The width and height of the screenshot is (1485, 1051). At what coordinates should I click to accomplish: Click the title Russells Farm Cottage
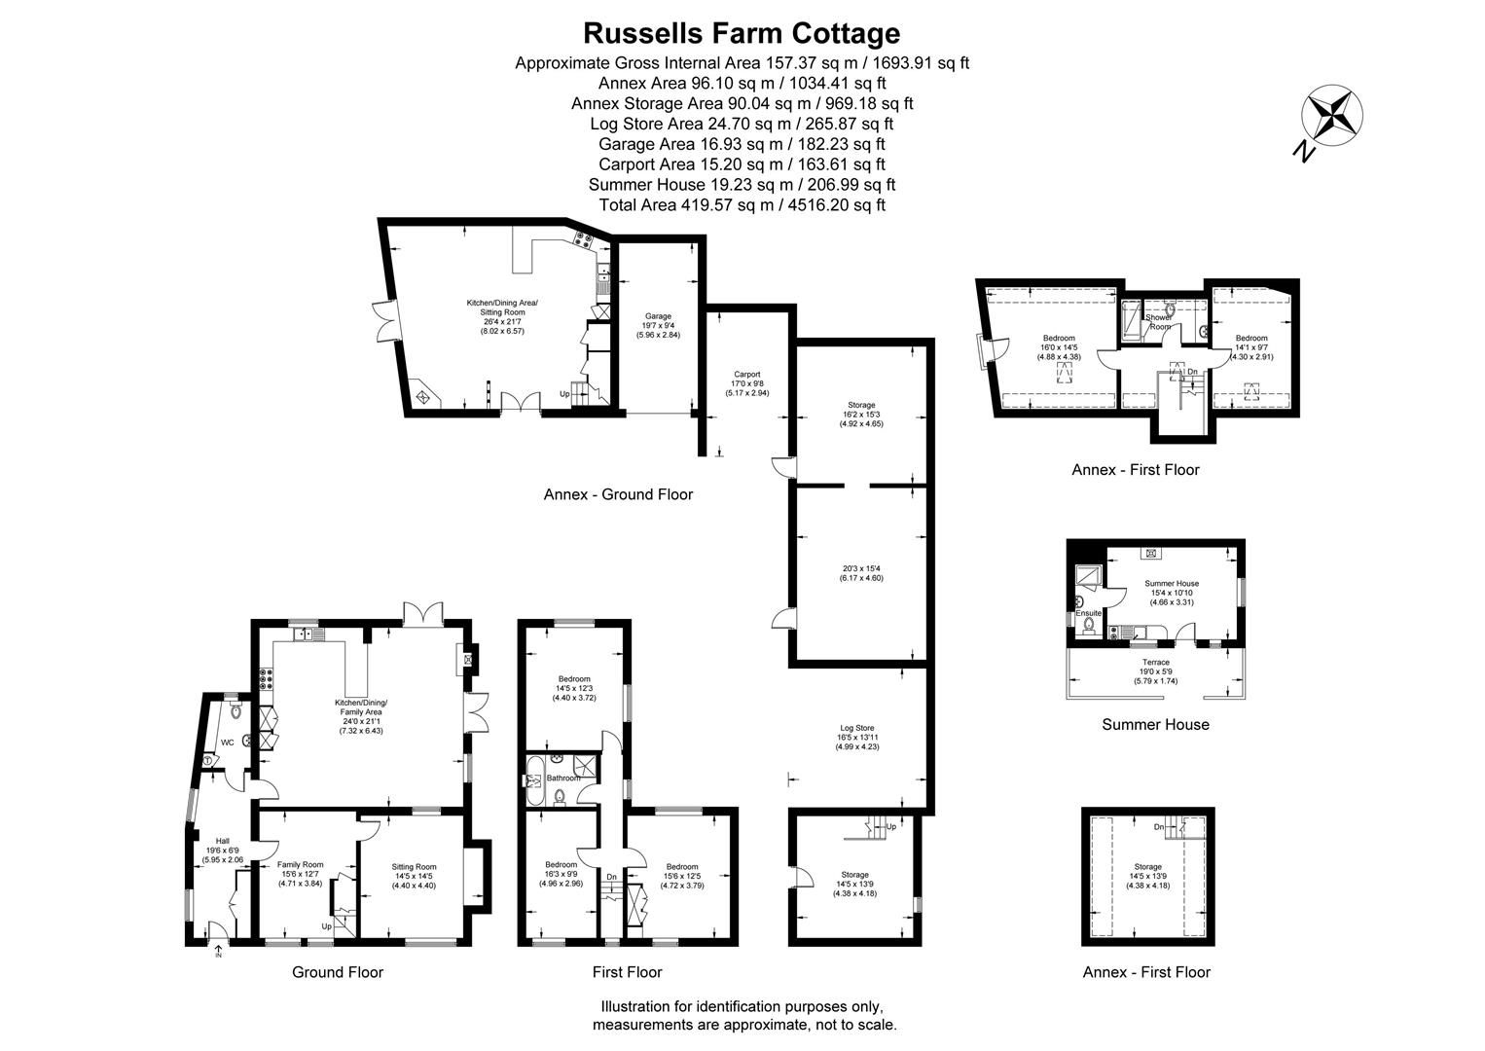coord(742,33)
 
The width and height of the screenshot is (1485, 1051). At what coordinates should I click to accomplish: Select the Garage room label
coord(658,316)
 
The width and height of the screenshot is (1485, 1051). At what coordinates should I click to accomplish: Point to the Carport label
coord(746,375)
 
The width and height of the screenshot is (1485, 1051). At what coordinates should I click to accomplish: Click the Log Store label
coord(856,728)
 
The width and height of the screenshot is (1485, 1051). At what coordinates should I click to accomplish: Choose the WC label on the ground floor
coord(227,743)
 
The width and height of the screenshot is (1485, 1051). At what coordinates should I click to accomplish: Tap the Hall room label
coord(222,841)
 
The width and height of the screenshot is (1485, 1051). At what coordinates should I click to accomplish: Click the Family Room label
coord(300,864)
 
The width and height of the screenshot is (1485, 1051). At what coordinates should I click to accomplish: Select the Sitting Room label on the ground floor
coord(414,867)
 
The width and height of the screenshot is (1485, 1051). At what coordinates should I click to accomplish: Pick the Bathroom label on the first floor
coord(562,778)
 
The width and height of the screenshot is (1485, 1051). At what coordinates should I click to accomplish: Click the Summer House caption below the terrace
coord(1155,724)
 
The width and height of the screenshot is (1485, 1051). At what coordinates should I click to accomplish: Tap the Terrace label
coord(1155,663)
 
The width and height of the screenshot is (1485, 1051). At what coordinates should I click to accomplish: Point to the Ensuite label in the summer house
coord(1088,613)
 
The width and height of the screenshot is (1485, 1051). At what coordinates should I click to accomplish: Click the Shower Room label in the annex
coord(1158,322)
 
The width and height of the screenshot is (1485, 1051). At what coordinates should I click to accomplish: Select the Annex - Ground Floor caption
coord(618,494)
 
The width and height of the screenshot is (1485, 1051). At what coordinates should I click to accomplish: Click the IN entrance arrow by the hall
coord(218,951)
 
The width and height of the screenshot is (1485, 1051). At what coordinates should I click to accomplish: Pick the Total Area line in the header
coord(742,205)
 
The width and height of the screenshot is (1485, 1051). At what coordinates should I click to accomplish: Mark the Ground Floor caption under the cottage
coord(338,972)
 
